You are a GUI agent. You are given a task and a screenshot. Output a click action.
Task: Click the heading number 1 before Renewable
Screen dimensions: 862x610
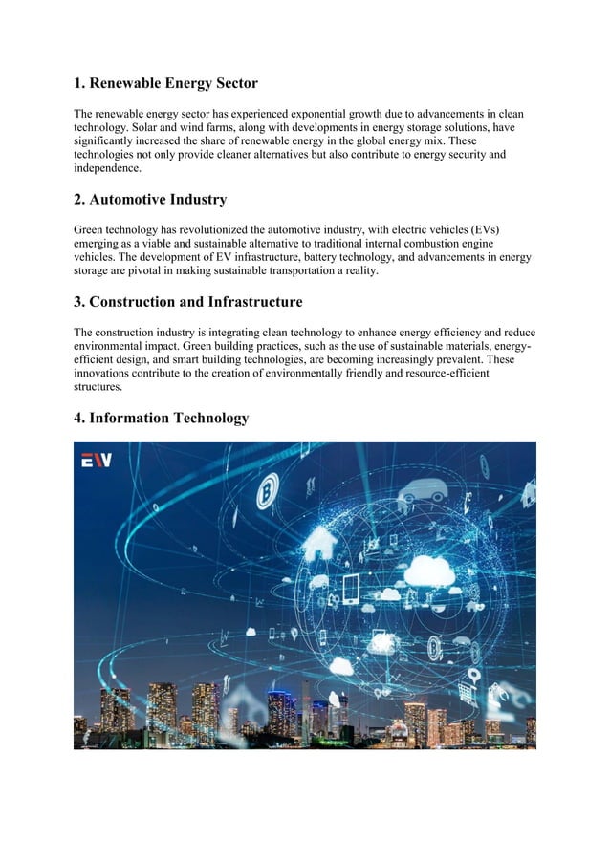79,83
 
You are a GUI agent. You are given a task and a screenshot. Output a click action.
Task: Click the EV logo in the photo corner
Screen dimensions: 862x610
96,461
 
